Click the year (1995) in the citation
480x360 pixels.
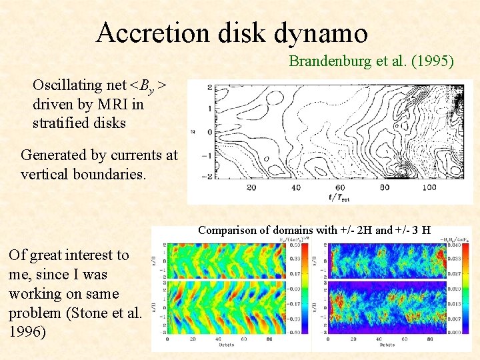(x=433, y=62)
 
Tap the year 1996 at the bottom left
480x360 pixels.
(x=27, y=331)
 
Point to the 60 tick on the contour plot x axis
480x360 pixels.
(x=340, y=187)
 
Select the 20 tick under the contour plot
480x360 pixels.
(x=251, y=187)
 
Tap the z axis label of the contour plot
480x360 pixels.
(x=193, y=131)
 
